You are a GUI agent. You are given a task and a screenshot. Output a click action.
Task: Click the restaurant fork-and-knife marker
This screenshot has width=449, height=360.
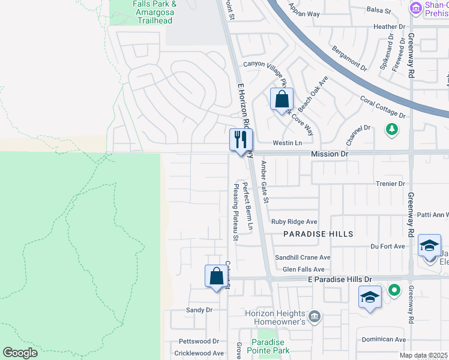(x=241, y=140)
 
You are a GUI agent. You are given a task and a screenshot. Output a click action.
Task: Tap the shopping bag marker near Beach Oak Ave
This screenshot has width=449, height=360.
(x=282, y=100)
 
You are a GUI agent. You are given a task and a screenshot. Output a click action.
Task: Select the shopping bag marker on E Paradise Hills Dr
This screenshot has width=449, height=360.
(x=216, y=277)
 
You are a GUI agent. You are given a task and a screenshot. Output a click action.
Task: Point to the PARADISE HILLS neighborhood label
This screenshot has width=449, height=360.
(x=318, y=233)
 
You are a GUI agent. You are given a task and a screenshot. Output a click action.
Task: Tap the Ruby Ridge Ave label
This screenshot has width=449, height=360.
(x=294, y=221)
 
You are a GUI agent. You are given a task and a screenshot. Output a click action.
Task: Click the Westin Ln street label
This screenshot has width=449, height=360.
(x=287, y=143)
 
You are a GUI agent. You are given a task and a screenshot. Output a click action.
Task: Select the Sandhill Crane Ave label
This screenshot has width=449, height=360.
(x=303, y=257)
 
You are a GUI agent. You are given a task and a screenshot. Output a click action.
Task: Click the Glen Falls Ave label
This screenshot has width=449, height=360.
(x=303, y=269)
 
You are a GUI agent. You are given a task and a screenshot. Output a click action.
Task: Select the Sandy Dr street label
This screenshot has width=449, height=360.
(x=199, y=310)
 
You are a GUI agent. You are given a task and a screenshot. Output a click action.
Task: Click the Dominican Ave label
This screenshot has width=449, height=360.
(x=384, y=339)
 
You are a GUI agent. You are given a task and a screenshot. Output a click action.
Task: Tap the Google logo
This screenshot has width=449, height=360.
(x=20, y=353)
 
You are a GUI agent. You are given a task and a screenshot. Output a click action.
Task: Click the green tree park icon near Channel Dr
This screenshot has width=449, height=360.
(x=392, y=129)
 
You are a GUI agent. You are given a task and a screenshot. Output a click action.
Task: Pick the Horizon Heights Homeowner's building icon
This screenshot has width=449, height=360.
(x=314, y=316)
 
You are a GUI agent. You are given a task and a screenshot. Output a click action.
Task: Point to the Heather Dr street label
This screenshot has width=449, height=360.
(x=390, y=27)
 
